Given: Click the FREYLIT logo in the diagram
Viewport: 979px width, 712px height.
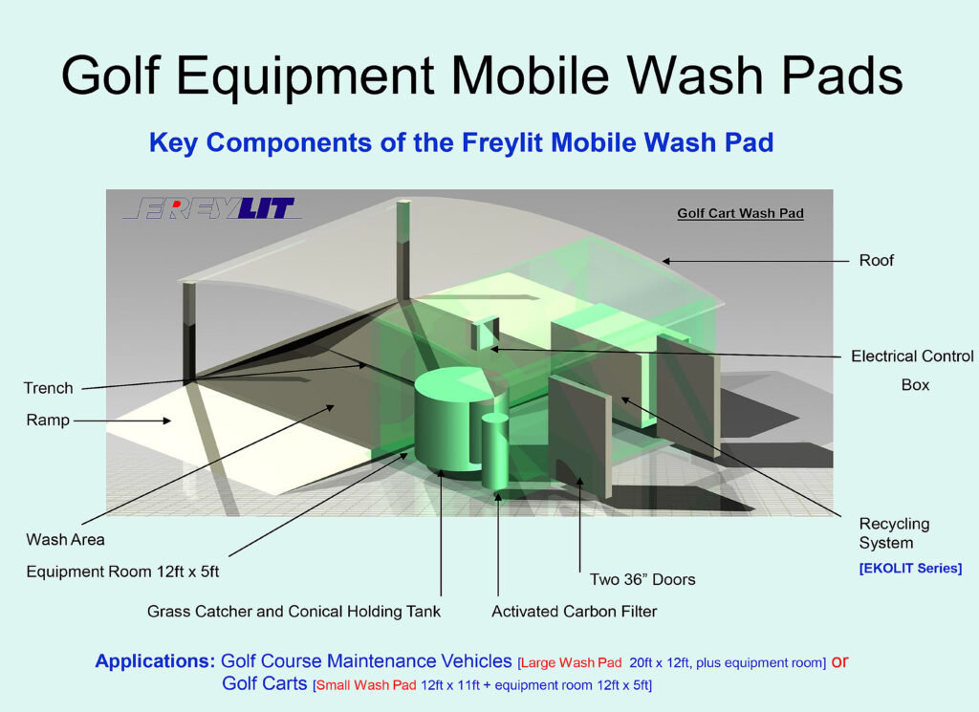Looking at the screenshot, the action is (x=212, y=208).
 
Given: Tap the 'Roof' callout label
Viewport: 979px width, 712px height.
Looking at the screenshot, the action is (x=876, y=260).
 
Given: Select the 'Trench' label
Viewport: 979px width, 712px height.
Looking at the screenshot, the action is (x=48, y=388).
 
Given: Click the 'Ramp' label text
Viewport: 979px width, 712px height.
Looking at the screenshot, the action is (x=48, y=420).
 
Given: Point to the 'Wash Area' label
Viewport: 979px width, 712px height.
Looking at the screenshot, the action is (x=66, y=540).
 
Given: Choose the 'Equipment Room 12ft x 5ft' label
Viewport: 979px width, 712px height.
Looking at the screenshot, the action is (x=122, y=572).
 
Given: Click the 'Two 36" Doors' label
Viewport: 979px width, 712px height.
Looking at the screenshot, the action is (x=642, y=580).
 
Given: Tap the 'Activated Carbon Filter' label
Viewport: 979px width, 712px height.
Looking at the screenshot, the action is (x=575, y=612).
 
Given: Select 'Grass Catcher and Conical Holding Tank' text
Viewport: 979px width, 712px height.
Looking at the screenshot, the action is (x=294, y=612).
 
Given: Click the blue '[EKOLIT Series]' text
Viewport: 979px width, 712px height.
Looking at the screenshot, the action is (x=910, y=569).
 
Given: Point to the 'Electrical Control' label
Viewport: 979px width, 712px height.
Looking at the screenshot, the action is (x=912, y=356).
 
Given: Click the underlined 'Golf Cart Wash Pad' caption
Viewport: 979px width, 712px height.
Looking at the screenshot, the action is (x=741, y=213).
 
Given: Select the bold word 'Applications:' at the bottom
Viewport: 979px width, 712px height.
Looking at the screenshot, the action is (x=155, y=661).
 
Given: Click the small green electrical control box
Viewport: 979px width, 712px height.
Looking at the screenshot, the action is (x=485, y=334).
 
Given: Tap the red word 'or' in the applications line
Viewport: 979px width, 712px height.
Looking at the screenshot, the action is (x=839, y=661).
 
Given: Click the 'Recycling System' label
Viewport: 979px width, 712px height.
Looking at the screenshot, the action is (x=894, y=533).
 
